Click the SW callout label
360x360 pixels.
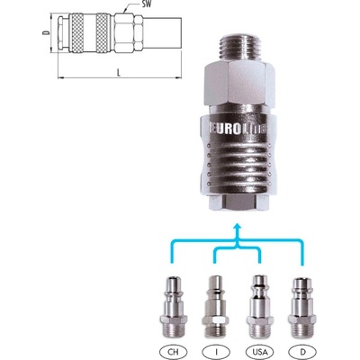click(146, 4)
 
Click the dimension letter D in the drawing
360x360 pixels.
click(46, 32)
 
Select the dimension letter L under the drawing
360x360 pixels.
click(119, 72)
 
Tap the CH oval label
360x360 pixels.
click(173, 351)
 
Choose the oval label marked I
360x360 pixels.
click(216, 351)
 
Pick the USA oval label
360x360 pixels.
click(260, 351)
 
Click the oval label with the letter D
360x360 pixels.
click(301, 351)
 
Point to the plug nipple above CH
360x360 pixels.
click(173, 309)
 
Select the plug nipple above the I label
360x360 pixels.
click(216, 309)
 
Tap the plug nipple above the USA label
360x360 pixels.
click(260, 309)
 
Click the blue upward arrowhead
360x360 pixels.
click(238, 226)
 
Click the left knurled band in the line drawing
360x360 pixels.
click(76, 33)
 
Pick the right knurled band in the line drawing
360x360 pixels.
click(103, 33)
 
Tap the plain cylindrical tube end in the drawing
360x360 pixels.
click(162, 33)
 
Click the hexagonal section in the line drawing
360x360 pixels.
click(128, 33)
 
